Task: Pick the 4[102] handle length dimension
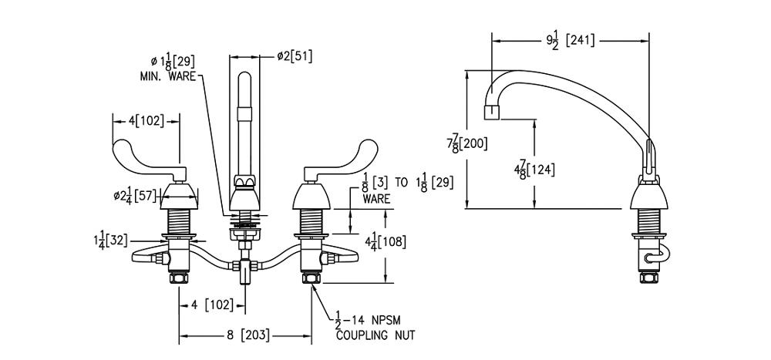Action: click(x=146, y=120)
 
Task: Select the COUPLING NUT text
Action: click(x=375, y=335)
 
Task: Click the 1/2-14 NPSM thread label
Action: click(x=369, y=319)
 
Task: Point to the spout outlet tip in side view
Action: click(x=491, y=113)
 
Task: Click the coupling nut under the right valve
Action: click(x=312, y=277)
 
